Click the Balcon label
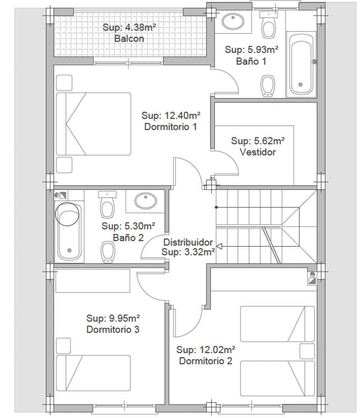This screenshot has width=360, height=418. point(129,38)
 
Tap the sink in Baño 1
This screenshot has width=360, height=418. point(233,21)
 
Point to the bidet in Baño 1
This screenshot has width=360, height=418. point(267,86)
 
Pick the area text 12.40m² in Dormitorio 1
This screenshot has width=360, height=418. point(182,115)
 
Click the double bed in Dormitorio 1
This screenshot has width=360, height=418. point(93,124)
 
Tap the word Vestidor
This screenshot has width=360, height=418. point(258,152)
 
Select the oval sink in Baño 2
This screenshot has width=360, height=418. point(146,201)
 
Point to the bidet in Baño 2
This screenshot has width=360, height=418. point(108,252)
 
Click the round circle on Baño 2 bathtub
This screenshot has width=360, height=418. point(67,214)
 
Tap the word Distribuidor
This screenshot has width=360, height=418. point(188,242)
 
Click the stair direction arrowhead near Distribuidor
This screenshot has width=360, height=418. point(219,246)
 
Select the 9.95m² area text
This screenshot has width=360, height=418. point(125,318)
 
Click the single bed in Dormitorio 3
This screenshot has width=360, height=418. point(93,373)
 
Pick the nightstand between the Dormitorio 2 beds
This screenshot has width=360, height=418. point(307,351)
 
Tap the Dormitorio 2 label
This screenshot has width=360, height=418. point(205,361)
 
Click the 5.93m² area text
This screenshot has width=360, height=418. point(263,49)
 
